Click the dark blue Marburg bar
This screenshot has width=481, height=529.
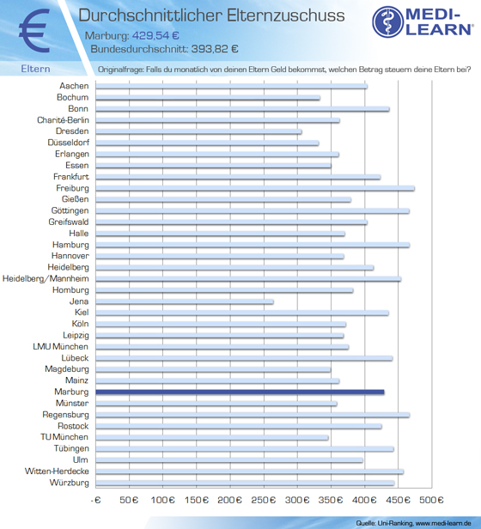tap(240, 392)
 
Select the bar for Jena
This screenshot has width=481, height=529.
tap(185, 301)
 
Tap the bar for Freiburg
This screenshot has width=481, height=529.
tap(255, 188)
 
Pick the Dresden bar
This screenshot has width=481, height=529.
tap(198, 131)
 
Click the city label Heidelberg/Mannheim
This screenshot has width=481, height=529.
tap(46, 279)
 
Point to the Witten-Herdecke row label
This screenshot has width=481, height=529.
tap(57, 471)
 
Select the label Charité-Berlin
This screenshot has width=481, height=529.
tap(63, 120)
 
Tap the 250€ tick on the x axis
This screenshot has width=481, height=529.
tap(264, 500)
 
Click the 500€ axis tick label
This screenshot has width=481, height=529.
tap(431, 500)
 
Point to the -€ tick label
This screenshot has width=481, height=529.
tap(96, 500)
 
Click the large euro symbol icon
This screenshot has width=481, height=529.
tap(35, 31)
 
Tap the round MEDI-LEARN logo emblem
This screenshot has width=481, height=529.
tap(388, 21)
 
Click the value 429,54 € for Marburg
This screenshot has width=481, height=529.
tap(155, 35)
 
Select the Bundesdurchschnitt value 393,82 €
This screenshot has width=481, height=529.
tap(215, 49)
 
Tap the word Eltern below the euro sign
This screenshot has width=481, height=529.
tap(35, 69)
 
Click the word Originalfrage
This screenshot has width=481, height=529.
tap(120, 70)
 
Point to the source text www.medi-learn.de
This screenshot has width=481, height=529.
tap(443, 523)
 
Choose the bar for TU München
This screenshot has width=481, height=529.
tap(212, 438)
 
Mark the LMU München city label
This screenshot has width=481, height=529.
tap(61, 347)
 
